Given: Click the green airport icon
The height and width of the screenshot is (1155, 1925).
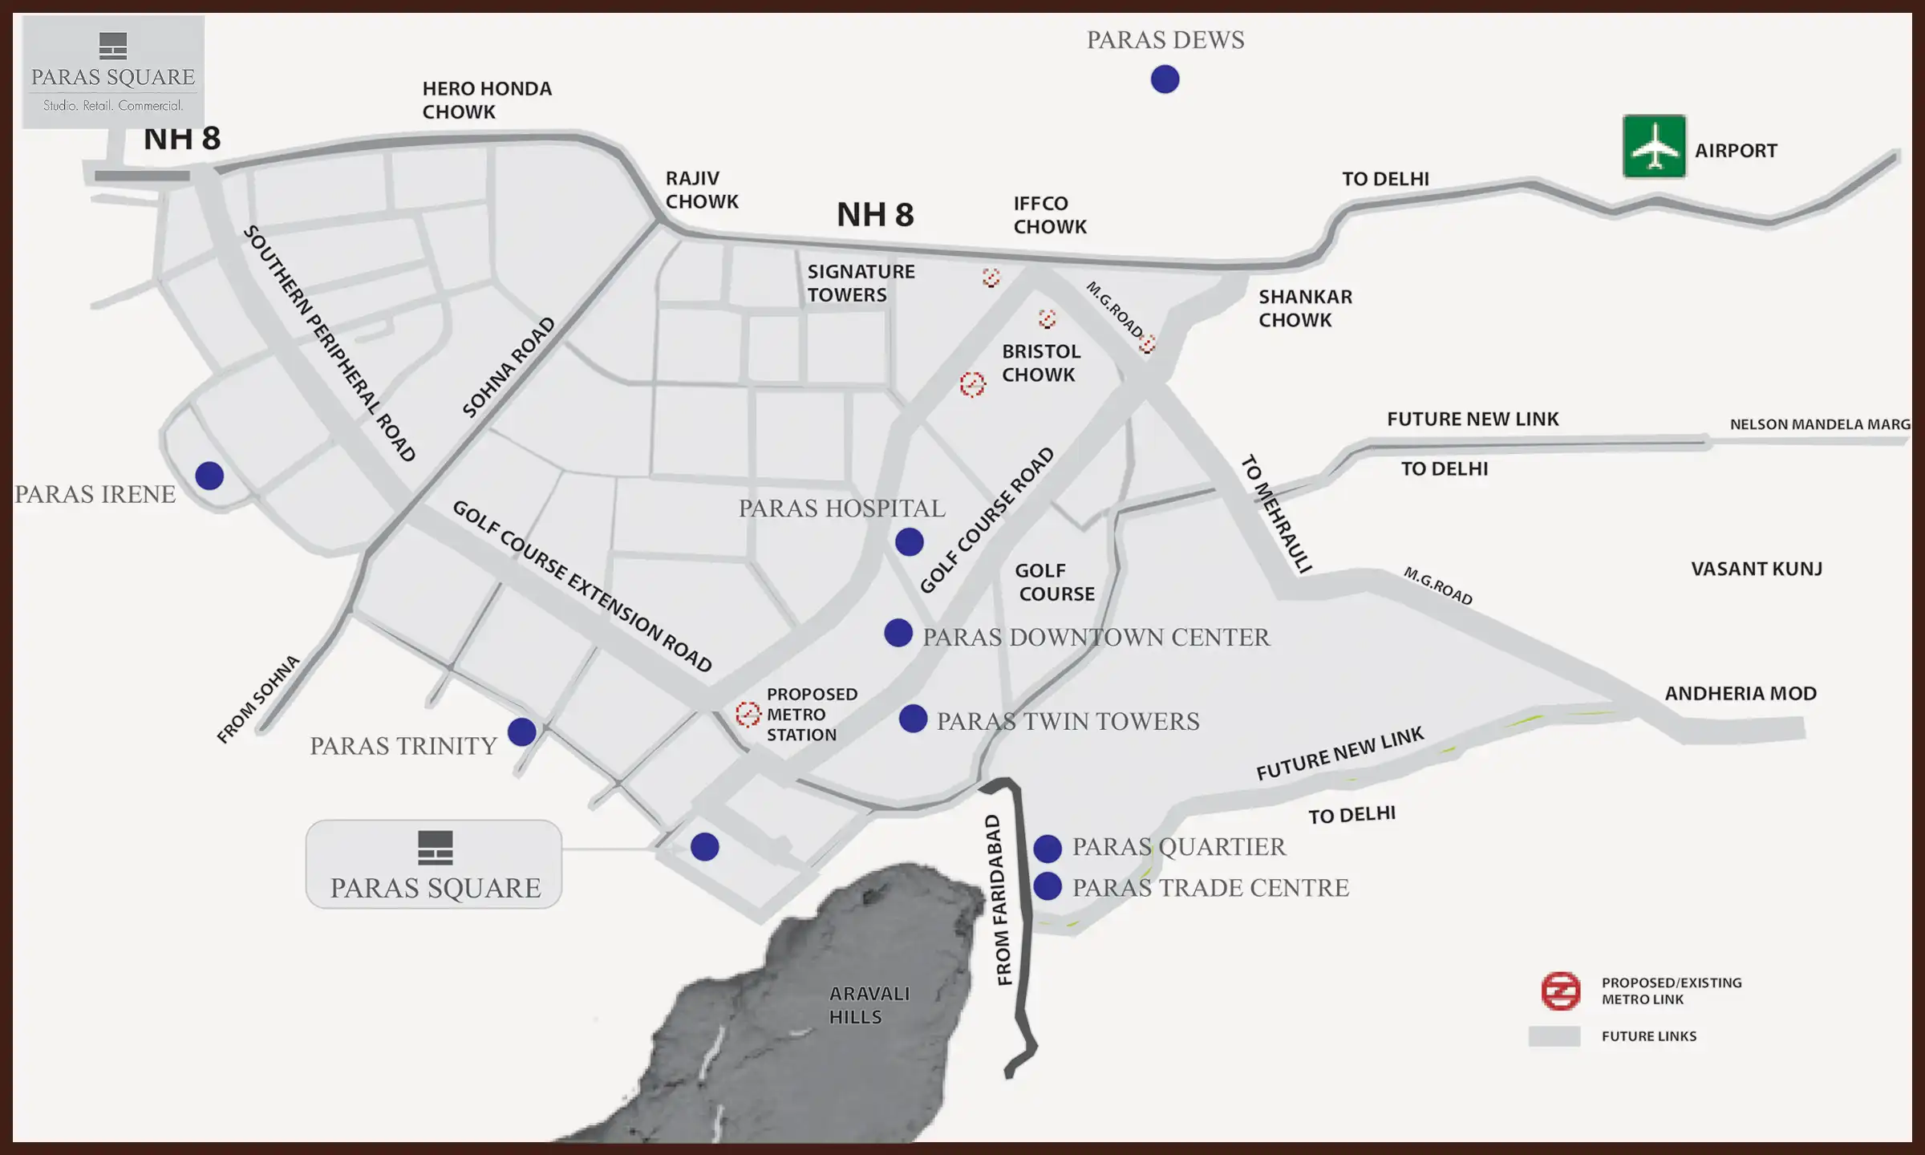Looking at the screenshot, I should coord(1654,146).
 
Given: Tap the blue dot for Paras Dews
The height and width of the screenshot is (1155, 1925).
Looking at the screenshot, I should coord(1165,79).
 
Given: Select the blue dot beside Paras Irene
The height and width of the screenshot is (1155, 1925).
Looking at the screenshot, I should coord(209,476).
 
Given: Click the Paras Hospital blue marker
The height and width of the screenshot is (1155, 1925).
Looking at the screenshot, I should coord(909,542).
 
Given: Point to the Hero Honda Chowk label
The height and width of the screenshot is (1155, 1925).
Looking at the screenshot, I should coord(487,100).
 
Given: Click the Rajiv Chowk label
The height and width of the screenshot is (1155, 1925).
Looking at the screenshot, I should coord(701,190).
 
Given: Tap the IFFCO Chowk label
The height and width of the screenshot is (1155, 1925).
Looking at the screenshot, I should coord(1049,215).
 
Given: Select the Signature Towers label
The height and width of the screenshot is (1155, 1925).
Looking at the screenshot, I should coord(860,283).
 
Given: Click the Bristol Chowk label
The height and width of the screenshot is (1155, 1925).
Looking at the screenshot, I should coord(1040,363).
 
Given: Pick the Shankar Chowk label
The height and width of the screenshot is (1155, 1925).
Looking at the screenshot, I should coord(1304,308).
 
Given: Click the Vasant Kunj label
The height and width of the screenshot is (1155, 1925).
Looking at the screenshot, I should coord(1756,569).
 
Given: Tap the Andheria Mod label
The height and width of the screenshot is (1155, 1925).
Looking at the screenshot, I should coord(1740,693).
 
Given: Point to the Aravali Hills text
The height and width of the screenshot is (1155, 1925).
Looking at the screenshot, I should coord(869,1005).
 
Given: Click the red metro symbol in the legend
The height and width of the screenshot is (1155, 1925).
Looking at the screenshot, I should coord(1560,991).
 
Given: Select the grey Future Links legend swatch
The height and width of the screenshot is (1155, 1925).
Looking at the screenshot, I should coord(1554,1036).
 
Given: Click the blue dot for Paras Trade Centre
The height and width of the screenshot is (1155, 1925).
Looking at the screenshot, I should coord(1048,886).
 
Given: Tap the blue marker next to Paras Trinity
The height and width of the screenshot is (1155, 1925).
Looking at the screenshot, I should coord(521,731).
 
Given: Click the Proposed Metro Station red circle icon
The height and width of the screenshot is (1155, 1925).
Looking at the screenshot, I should coord(748,714).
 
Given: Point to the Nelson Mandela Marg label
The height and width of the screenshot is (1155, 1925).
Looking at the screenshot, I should coord(1819,424).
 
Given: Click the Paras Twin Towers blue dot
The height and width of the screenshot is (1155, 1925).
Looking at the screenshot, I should coord(913,719).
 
